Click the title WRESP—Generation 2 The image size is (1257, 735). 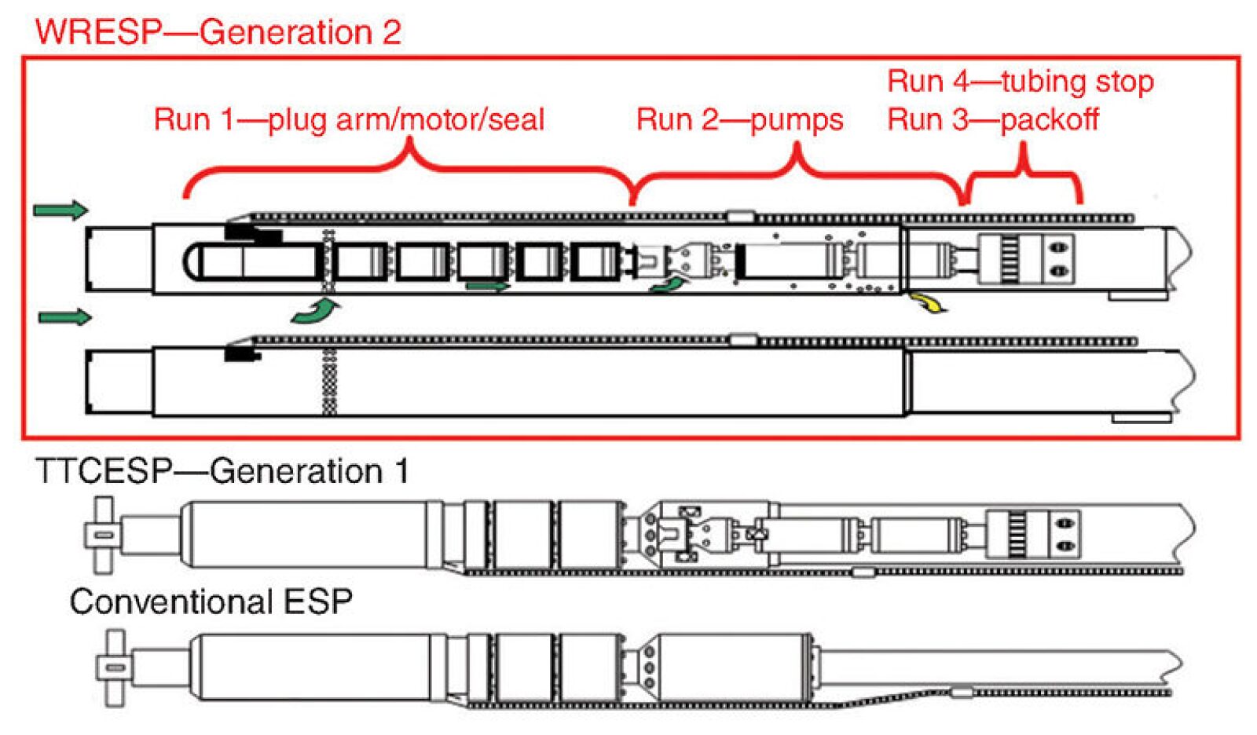[218, 32]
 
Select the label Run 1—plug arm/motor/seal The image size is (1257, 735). [349, 120]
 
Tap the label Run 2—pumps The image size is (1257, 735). [739, 120]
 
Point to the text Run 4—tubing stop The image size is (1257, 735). [1020, 82]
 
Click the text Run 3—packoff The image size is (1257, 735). [992, 120]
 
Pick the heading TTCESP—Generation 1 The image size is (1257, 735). [222, 471]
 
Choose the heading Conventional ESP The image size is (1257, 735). [211, 602]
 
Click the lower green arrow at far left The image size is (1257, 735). [64, 317]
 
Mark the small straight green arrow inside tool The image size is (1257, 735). [487, 287]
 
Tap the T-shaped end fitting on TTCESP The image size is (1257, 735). [102, 535]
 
